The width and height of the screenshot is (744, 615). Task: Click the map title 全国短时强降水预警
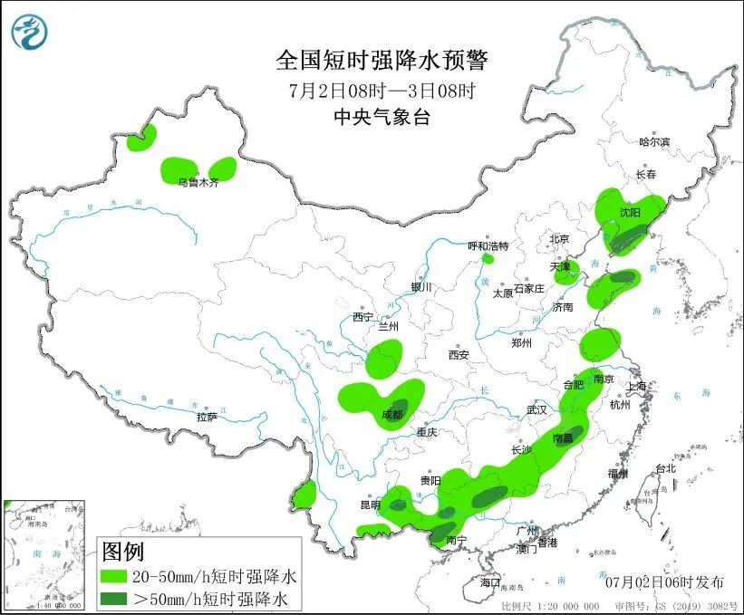(x=382, y=61)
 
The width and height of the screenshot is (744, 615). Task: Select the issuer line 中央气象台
(x=381, y=116)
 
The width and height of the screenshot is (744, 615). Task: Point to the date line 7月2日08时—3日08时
(x=382, y=90)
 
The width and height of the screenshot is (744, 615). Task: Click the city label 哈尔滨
(x=653, y=142)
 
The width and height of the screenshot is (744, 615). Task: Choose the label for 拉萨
(x=207, y=418)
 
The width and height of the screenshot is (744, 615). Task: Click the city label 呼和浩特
(x=488, y=246)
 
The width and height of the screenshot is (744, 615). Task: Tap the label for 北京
(x=557, y=240)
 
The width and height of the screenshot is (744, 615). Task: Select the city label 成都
(x=392, y=415)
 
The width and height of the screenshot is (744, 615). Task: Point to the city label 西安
(x=458, y=356)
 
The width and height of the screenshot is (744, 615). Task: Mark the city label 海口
(x=490, y=582)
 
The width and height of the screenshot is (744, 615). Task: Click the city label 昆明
(x=370, y=504)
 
